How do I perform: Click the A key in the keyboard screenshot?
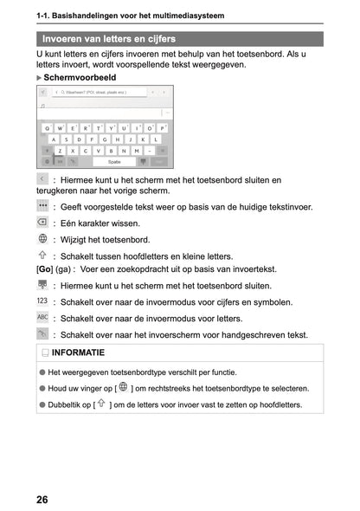(54, 139)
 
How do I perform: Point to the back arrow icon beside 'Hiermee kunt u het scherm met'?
(43, 178)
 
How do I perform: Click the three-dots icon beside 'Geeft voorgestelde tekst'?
(43, 206)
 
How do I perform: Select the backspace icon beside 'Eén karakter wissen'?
(43, 223)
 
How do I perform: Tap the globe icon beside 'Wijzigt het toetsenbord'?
(43, 239)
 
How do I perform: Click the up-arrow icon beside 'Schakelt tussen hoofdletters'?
(43, 255)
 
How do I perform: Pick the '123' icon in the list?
(43, 301)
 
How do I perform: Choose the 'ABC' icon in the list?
(43, 318)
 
